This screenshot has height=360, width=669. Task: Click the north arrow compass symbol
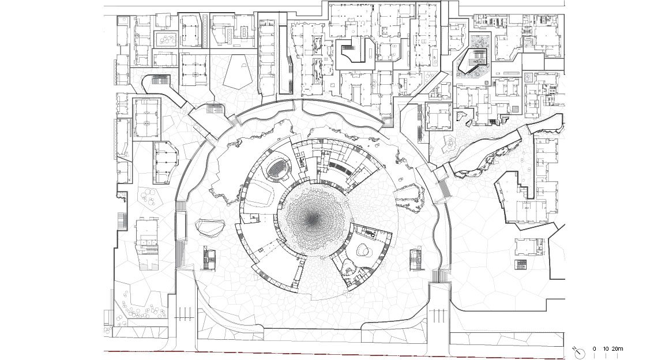[580, 352]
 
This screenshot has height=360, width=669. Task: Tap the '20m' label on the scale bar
[617, 349]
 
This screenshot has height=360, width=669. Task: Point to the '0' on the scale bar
[595, 349]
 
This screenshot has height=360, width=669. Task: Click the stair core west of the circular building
[209, 259]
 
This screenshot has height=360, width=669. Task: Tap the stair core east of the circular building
[416, 260]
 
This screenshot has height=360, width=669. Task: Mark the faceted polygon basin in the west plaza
[210, 228]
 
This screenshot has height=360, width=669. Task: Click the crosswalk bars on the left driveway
[185, 314]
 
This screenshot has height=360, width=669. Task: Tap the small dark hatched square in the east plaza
[520, 264]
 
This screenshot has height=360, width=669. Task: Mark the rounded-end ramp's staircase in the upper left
[161, 81]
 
